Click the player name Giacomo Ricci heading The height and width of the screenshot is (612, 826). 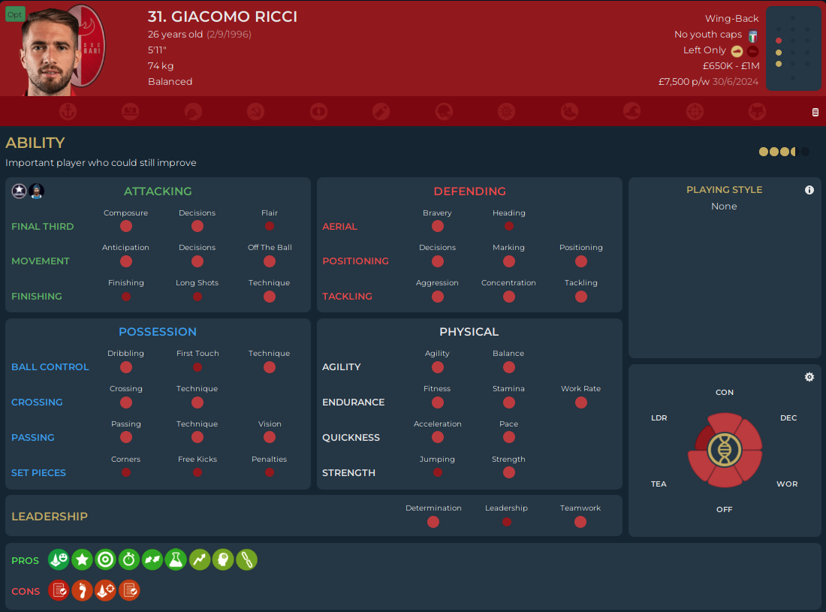[x=222, y=17]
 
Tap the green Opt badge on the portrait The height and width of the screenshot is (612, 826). [x=15, y=14]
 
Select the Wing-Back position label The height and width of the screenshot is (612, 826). [x=731, y=18]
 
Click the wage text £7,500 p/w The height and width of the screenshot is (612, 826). [x=683, y=81]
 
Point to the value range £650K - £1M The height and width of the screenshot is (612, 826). [x=731, y=65]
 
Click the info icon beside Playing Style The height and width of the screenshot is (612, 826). [x=809, y=190]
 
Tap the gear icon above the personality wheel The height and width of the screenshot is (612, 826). [x=809, y=377]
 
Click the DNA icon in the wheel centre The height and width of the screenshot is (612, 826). [x=725, y=450]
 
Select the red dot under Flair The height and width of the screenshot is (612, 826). [x=270, y=226]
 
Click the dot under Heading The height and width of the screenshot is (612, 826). [x=509, y=226]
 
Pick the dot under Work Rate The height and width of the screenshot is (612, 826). [x=581, y=402]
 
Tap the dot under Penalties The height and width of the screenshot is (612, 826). [x=270, y=473]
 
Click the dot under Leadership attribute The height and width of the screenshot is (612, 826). [x=507, y=522]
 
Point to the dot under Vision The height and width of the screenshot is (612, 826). [x=270, y=438]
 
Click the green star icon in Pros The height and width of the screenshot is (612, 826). [x=82, y=559]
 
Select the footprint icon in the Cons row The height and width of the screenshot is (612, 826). [x=82, y=591]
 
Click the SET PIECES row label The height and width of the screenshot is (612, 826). [x=38, y=473]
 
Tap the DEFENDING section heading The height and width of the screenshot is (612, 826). [x=469, y=191]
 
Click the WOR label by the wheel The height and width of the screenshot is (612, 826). [x=787, y=484]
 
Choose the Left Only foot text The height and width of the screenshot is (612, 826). [x=704, y=50]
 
